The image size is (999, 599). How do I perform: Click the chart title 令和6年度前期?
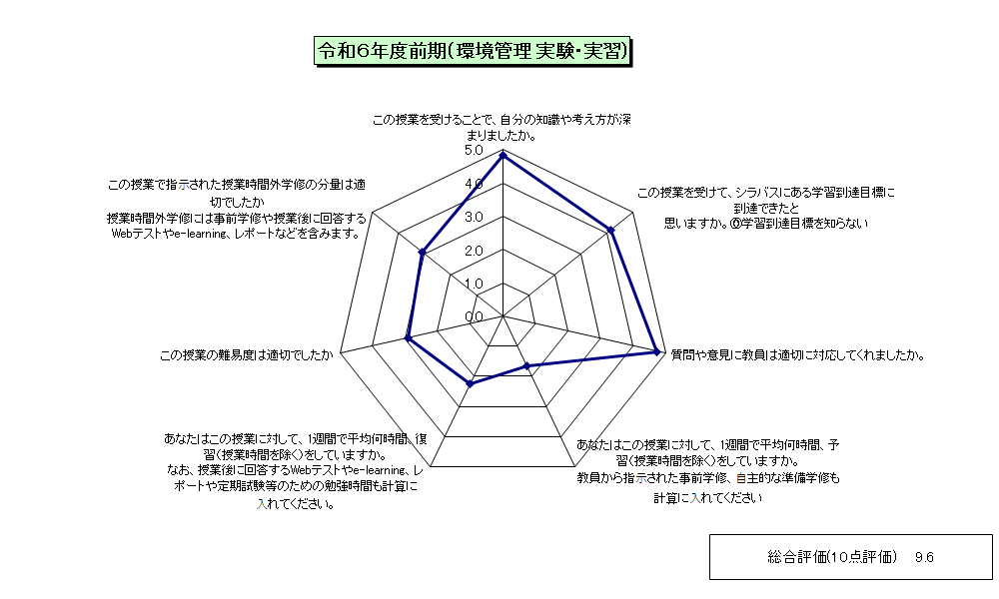tap(473, 51)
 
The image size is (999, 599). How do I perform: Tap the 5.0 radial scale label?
tap(474, 150)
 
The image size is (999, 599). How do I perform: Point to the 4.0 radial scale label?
tap(474, 184)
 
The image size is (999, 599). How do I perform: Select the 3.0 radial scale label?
tap(474, 217)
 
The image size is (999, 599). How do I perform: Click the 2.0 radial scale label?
tap(474, 251)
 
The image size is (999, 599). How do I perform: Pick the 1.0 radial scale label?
tap(474, 284)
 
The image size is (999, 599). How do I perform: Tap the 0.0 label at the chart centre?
tap(474, 316)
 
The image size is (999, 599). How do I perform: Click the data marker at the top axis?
tap(503, 155)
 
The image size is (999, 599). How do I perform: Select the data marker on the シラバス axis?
tap(611, 231)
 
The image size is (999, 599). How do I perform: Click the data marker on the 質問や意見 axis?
tap(656, 350)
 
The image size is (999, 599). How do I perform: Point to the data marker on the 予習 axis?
tap(526, 366)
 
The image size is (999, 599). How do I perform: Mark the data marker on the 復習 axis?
tap(471, 383)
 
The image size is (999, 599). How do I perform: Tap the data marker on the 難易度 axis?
tap(408, 338)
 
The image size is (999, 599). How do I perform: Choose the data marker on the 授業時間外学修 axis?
tap(422, 253)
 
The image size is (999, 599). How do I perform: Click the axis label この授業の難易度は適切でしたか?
tap(247, 355)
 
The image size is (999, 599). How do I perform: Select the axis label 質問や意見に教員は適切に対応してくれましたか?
tap(797, 355)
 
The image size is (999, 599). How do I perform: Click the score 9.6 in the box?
tap(924, 558)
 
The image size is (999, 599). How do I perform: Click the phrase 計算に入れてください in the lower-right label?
tap(708, 498)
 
